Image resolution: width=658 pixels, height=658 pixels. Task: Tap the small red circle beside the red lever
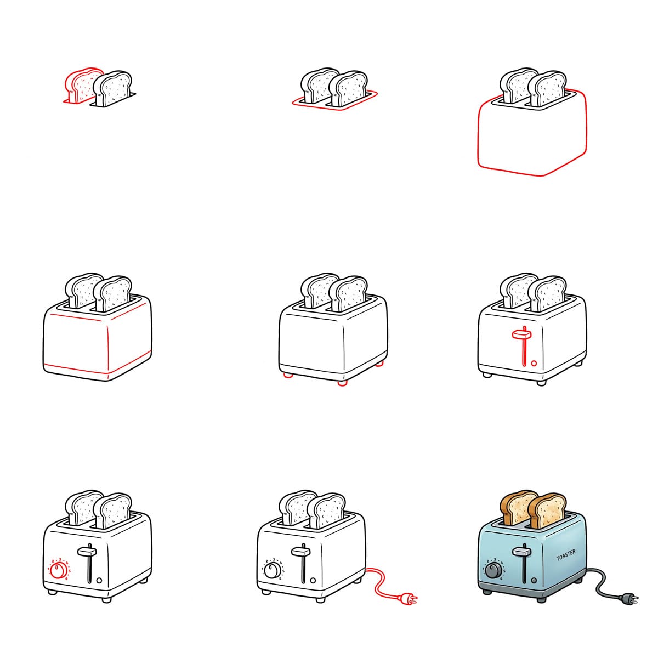[534, 363]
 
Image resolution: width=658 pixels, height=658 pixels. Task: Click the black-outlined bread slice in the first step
[113, 88]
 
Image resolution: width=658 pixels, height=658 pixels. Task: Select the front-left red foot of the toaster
[287, 376]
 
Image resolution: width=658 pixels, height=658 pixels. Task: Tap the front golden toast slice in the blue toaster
[547, 510]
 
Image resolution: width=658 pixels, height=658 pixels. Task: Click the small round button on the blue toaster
[534, 580]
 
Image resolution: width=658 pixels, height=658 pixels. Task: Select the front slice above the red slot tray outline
[348, 89]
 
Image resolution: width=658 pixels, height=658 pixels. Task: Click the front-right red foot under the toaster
[342, 383]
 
